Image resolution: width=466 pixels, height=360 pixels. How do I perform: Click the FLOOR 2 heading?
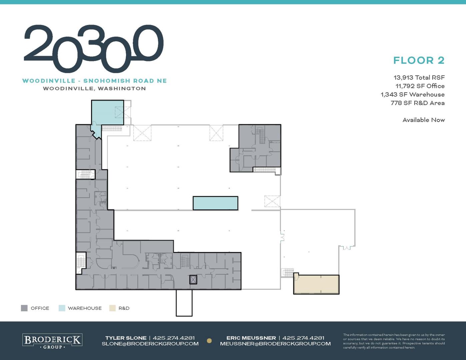(x=419, y=60)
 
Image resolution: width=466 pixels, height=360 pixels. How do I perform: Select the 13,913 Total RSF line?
(x=419, y=77)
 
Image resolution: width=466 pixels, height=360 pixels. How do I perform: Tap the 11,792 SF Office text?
(x=420, y=86)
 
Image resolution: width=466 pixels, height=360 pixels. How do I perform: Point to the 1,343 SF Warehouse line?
(x=413, y=95)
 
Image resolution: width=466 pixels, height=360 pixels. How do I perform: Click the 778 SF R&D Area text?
(x=418, y=103)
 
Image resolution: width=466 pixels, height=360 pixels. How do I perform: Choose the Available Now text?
(x=424, y=120)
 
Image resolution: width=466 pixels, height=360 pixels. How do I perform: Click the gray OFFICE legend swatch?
(x=24, y=308)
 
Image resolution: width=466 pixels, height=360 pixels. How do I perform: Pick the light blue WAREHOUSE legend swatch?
(x=62, y=308)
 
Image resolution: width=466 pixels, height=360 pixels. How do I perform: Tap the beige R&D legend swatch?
(x=112, y=308)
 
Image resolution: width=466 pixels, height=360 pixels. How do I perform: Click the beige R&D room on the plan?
(x=316, y=284)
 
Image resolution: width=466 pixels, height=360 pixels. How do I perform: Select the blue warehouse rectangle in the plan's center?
(x=215, y=203)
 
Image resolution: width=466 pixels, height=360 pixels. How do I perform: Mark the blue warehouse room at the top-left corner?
(x=107, y=113)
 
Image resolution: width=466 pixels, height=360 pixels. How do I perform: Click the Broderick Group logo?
(x=52, y=341)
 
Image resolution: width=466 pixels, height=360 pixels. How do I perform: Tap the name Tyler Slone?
(x=126, y=338)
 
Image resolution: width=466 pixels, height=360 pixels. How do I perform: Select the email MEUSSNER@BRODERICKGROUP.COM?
(x=275, y=344)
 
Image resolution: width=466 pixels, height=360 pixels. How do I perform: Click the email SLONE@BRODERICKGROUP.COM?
(x=150, y=344)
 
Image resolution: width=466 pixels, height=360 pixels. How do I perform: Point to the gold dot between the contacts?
(x=209, y=341)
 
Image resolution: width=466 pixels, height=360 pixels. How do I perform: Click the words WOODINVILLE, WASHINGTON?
(x=94, y=88)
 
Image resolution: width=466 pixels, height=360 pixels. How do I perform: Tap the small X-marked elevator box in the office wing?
(x=193, y=280)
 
